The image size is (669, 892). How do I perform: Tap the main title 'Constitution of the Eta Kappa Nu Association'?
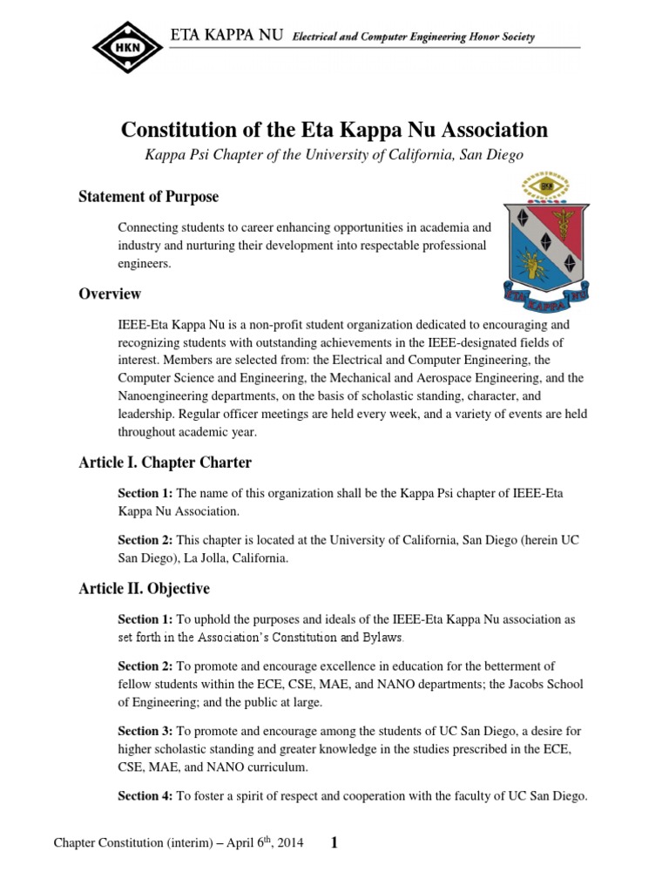[x=334, y=131]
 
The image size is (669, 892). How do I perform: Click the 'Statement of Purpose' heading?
[x=148, y=196]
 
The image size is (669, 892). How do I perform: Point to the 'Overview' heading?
[x=110, y=294]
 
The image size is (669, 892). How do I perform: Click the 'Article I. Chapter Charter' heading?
[x=165, y=463]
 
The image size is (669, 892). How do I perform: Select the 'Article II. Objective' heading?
[x=144, y=589]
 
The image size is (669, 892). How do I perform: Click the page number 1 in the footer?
[x=334, y=842]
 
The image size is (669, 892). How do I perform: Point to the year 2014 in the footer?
[x=289, y=844]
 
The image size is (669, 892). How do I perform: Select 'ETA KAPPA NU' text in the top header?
[x=226, y=37]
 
